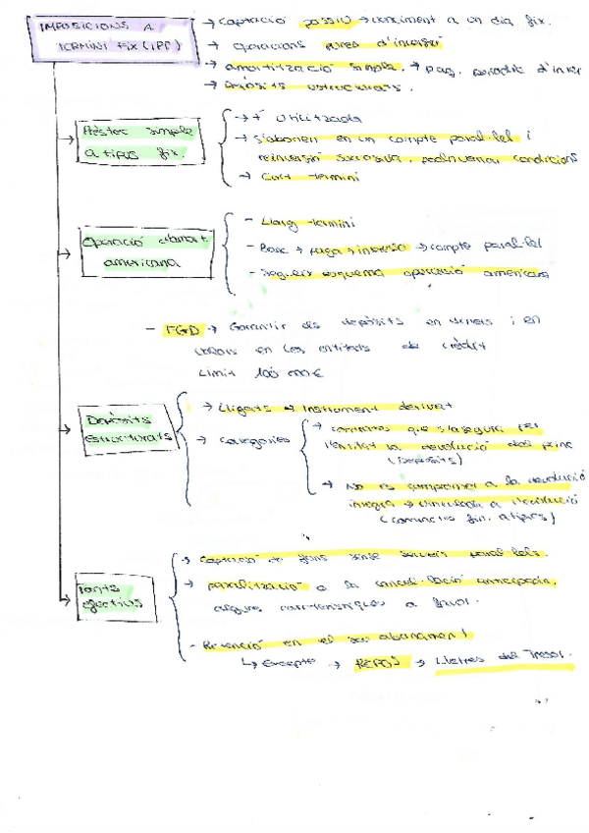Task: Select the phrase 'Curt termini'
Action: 296,178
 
